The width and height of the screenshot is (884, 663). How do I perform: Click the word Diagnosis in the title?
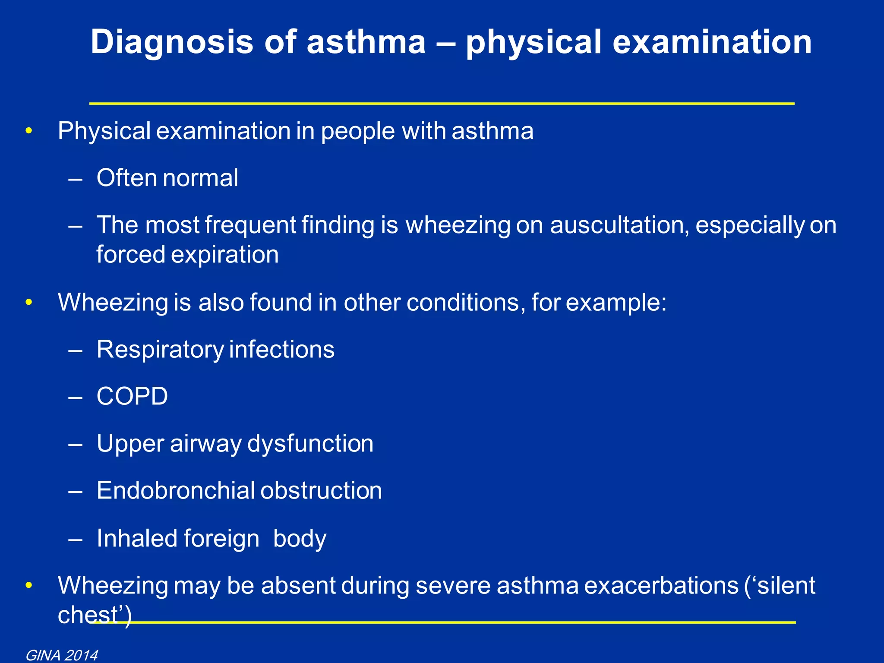[x=172, y=42]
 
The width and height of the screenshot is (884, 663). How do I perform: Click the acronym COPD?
[x=132, y=396]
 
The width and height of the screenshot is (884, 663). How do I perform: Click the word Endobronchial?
[x=176, y=491]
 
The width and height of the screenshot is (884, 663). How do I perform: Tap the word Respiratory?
[x=160, y=349]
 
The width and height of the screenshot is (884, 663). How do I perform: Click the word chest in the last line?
[x=88, y=615]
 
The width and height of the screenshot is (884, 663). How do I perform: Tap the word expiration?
[x=225, y=255]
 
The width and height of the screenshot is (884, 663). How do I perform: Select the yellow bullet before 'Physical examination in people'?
[x=29, y=131]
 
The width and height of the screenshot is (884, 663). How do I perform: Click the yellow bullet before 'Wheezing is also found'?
[x=29, y=302]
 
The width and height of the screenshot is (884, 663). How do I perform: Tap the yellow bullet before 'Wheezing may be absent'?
[x=29, y=586]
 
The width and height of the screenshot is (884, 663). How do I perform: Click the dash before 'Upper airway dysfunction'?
[x=76, y=444]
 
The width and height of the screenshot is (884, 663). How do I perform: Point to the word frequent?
[x=250, y=225]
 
